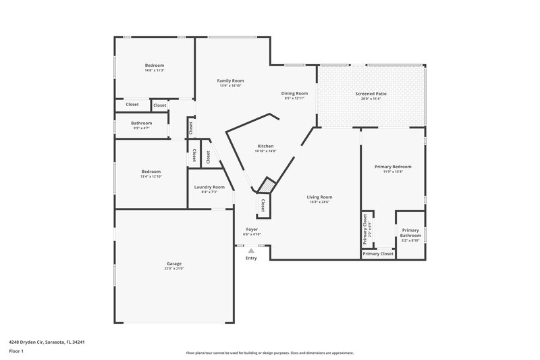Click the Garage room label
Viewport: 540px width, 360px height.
174,263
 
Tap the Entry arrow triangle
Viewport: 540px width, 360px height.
251,251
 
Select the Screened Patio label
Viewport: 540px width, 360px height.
371,93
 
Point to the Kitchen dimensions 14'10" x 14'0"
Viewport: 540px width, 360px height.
265,151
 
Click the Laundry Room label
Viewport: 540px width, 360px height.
209,187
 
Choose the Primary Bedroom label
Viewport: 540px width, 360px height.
393,166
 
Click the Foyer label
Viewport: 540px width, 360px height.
252,230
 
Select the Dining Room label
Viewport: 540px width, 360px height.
294,93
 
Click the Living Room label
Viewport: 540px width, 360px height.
319,197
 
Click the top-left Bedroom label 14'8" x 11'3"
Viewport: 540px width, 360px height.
155,67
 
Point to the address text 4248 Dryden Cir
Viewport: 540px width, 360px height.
47,342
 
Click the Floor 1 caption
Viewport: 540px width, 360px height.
16,352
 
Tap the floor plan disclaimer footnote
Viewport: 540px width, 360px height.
270,353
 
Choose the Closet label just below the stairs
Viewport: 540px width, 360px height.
263,205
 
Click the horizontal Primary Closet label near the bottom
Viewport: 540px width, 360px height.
378,254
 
